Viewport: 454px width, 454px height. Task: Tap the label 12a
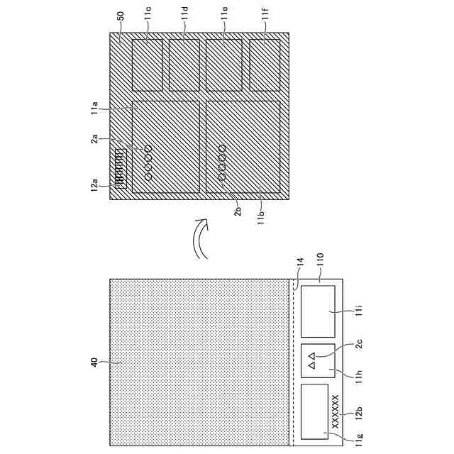94,185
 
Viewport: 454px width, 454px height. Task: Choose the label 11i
360,310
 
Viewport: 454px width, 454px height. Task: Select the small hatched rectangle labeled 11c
148,64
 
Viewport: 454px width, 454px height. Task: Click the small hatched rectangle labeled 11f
264,64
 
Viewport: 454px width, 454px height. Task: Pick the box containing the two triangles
318,362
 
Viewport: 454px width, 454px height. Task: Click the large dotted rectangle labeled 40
200,362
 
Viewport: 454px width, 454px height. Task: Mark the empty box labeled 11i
318,311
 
